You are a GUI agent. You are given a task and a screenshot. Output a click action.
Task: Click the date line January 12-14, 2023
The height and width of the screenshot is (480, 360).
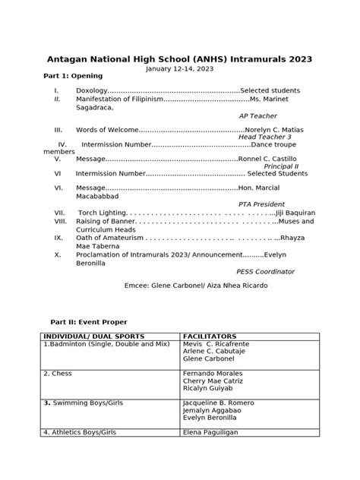[179, 69]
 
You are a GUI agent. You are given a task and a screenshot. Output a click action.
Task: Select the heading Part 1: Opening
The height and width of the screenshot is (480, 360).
[73, 76]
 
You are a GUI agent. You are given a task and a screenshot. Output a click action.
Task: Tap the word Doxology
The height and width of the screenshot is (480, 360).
[92, 90]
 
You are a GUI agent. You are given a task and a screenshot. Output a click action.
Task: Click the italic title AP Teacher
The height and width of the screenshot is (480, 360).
[258, 115]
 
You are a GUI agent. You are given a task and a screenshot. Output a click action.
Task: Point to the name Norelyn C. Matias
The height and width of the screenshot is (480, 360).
[273, 130]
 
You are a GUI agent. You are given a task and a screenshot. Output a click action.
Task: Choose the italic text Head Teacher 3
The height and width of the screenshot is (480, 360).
[265, 137]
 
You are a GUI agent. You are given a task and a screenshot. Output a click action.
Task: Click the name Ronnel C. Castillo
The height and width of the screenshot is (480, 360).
[268, 159]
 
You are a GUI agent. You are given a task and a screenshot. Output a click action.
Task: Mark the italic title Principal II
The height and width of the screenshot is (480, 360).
[281, 166]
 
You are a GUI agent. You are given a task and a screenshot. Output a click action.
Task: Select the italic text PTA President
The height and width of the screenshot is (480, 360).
[261, 204]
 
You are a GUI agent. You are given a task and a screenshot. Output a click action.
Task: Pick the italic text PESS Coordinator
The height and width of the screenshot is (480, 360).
[265, 271]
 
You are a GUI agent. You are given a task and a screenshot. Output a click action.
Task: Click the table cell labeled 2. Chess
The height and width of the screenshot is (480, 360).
[58, 374]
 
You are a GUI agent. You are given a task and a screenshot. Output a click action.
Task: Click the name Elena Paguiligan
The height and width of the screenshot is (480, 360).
[216, 432]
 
